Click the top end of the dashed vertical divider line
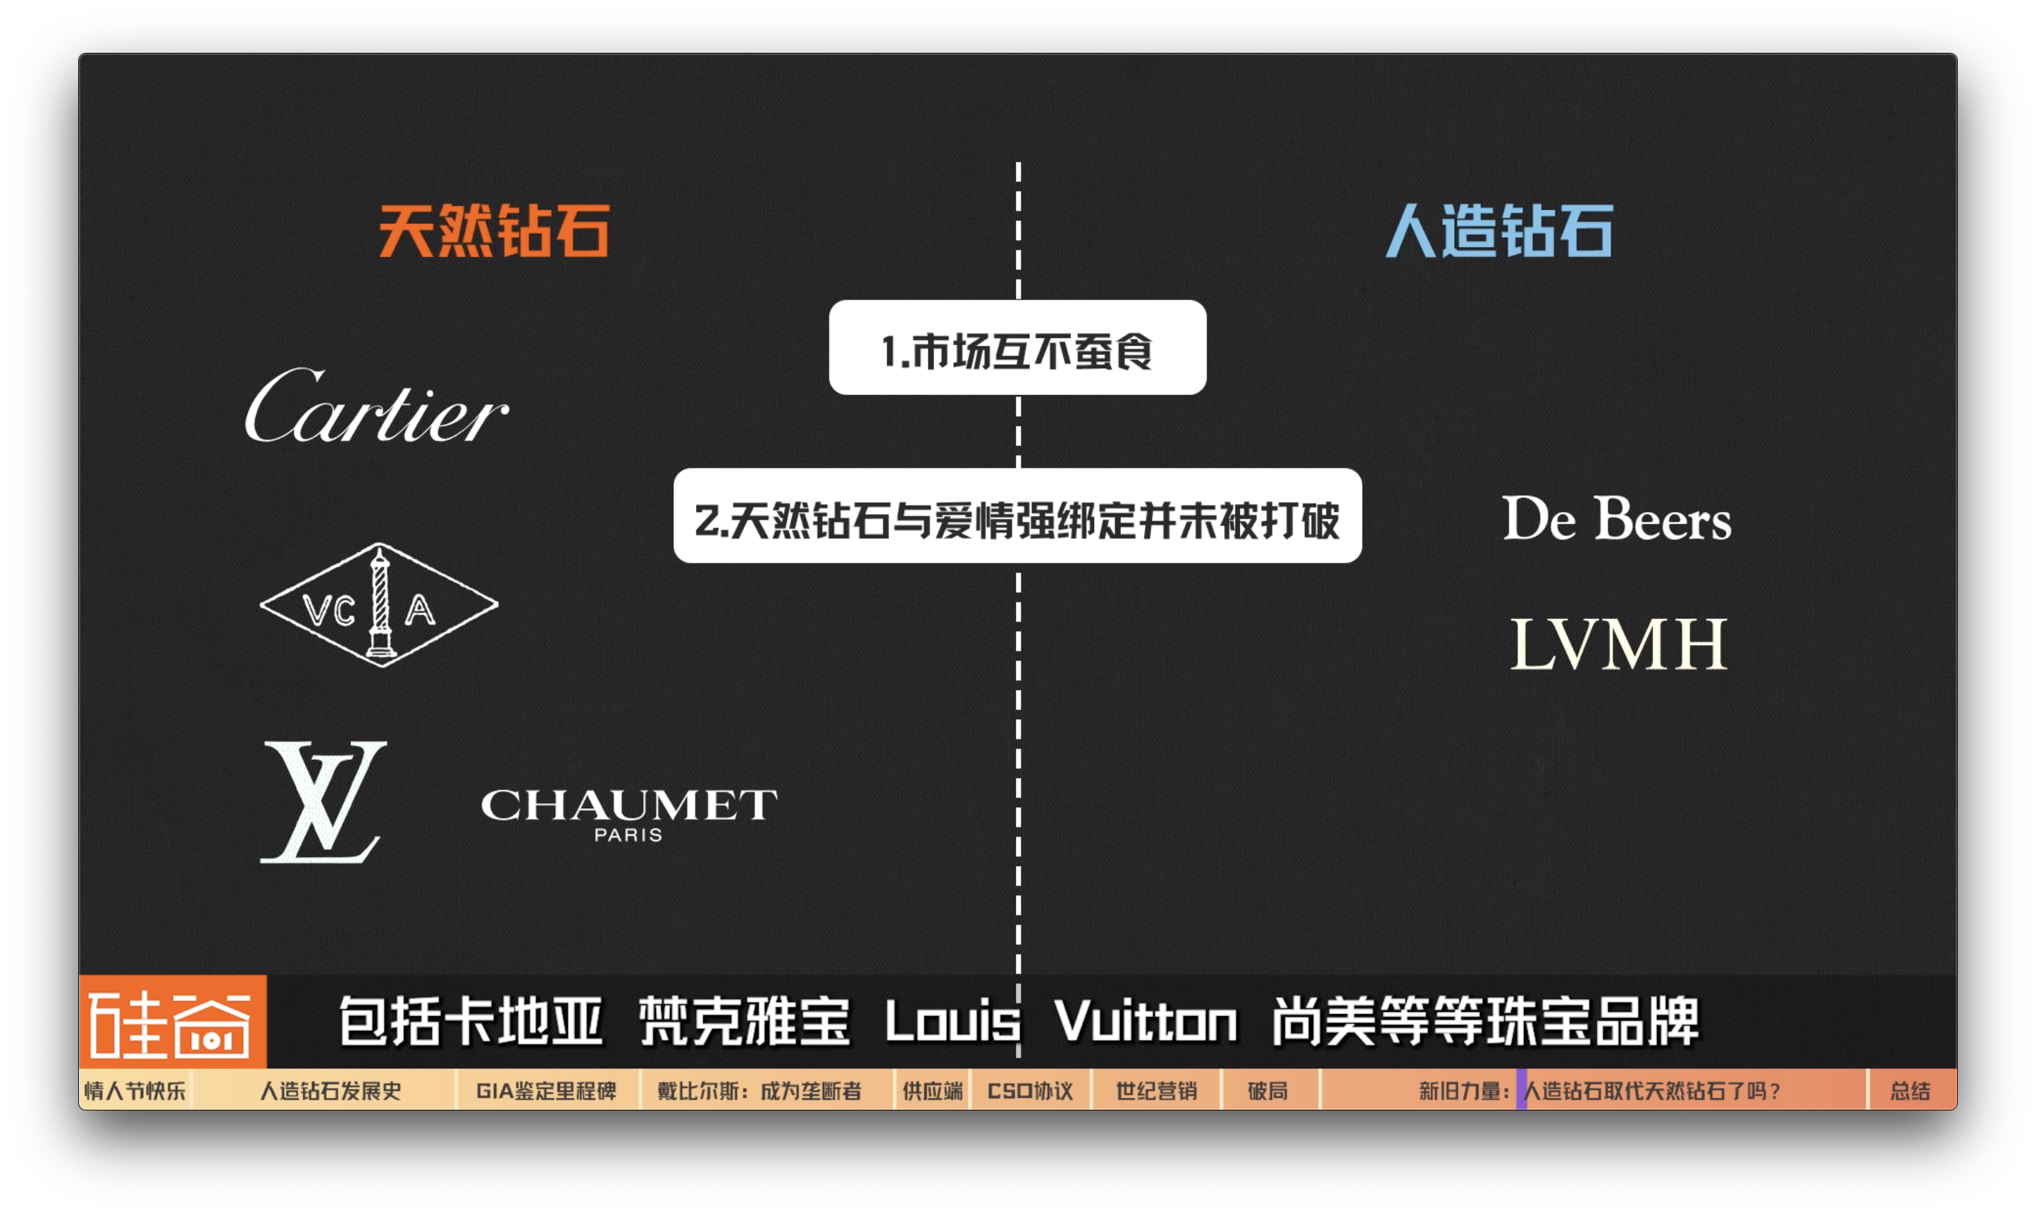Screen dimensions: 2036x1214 pyautogui.click(x=1018, y=163)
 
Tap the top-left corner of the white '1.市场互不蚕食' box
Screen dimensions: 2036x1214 pyautogui.click(x=830, y=301)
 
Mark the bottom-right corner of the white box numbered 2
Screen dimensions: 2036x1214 pyautogui.click(x=1361, y=562)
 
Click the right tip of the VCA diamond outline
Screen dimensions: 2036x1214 pyautogui.click(x=497, y=606)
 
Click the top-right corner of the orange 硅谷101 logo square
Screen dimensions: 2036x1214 pyautogui.click(x=266, y=976)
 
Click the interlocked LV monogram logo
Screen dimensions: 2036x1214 pyautogui.click(x=323, y=801)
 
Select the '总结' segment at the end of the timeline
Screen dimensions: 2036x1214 pyautogui.click(x=1910, y=1091)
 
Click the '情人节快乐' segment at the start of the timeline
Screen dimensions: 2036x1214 pyautogui.click(x=135, y=1091)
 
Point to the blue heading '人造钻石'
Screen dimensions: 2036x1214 pyautogui.click(x=1499, y=232)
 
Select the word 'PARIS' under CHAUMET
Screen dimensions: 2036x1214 pyautogui.click(x=628, y=835)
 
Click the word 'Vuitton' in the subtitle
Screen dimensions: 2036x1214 pyautogui.click(x=1146, y=1022)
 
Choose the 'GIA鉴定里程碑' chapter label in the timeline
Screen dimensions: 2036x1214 pyautogui.click(x=546, y=1091)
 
